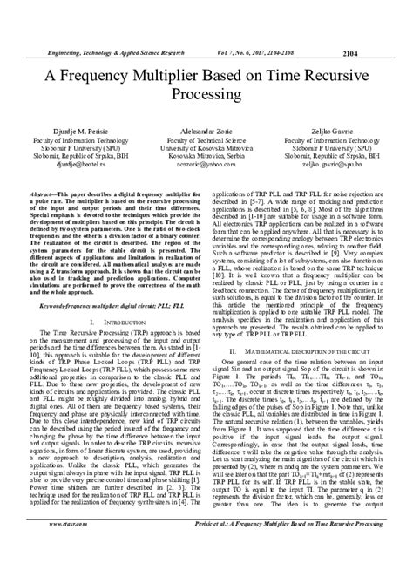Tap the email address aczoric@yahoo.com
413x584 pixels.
coord(206,162)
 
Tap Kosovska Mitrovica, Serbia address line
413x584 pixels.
coord(206,153)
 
